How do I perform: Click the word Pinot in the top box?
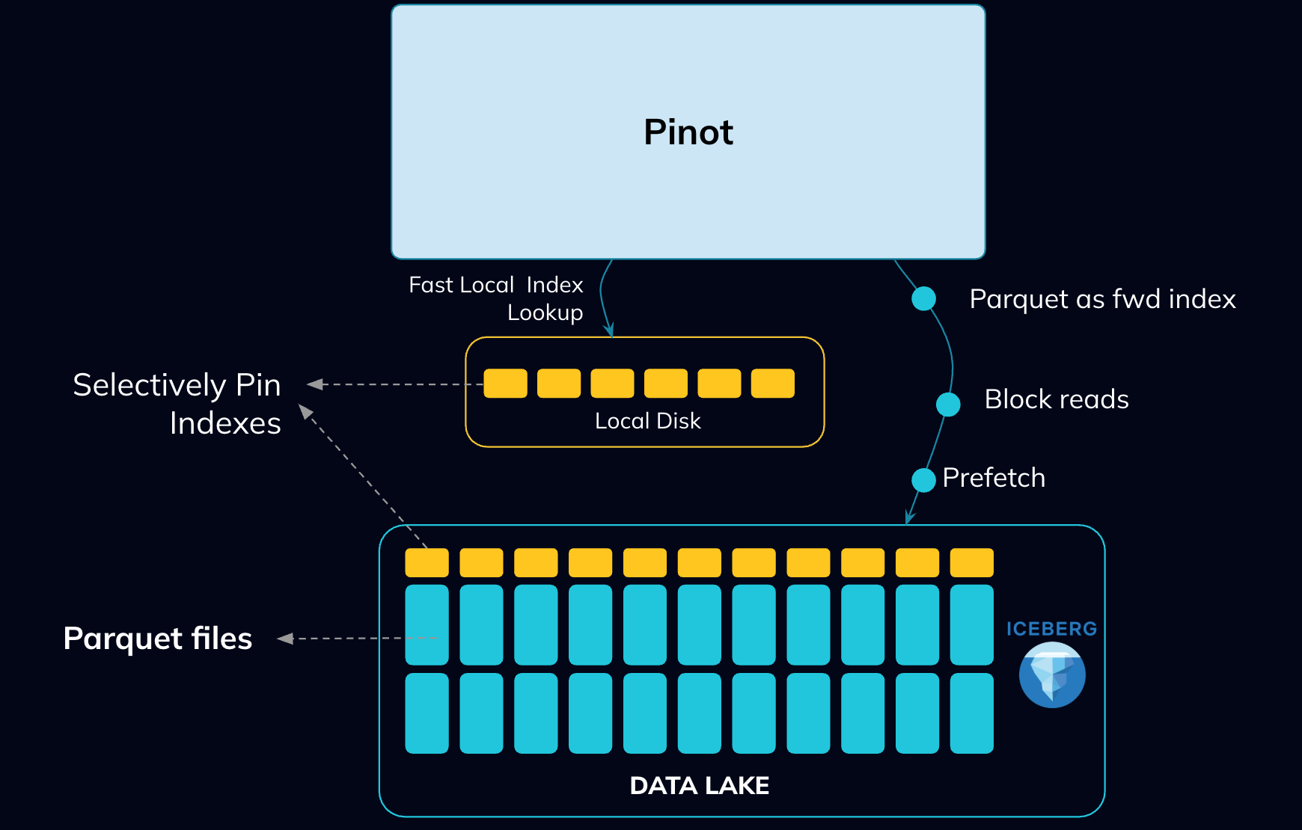(x=688, y=132)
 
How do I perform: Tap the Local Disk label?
(x=648, y=421)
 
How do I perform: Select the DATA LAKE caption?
(x=699, y=786)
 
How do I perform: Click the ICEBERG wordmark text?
(x=1051, y=629)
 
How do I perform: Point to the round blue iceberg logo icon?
(x=1052, y=675)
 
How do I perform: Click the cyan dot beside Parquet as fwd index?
(x=924, y=298)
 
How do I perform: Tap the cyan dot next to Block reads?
(x=948, y=404)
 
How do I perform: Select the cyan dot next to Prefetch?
(x=924, y=480)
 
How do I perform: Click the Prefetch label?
(x=994, y=478)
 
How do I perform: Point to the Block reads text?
(x=1057, y=399)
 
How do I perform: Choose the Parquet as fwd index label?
(x=1102, y=299)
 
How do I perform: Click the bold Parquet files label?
(x=158, y=639)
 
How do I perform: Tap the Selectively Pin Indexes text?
(x=177, y=404)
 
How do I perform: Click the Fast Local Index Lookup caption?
(x=496, y=298)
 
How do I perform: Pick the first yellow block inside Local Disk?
(x=505, y=384)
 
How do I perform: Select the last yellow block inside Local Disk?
(x=773, y=384)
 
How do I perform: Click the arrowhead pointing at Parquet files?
(x=285, y=639)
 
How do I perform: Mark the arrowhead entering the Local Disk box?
(x=609, y=330)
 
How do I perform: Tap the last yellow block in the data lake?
(x=971, y=563)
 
